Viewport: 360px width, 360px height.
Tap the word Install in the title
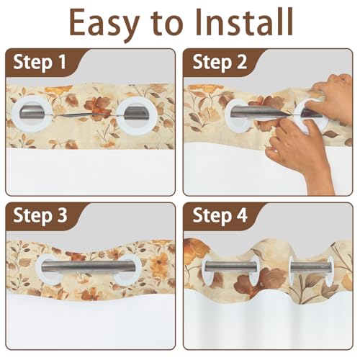(244, 22)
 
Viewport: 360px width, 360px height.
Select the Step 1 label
(40, 62)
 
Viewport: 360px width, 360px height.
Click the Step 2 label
(220, 62)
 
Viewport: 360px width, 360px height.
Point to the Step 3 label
(40, 215)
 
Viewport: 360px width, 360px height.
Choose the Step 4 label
(220, 215)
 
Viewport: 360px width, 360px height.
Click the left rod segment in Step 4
(230, 267)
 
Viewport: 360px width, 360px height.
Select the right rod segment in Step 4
(310, 267)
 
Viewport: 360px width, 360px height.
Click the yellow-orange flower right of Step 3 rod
(161, 262)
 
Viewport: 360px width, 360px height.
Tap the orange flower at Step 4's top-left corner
(196, 250)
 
